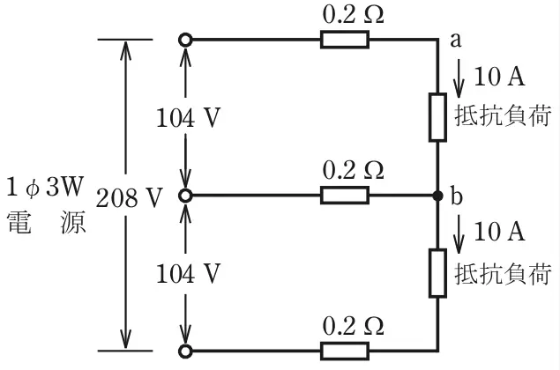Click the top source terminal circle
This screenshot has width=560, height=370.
point(185,40)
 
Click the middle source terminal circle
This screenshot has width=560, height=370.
point(185,196)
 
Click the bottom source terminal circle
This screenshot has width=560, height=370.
point(185,351)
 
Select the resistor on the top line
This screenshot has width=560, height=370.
point(345,40)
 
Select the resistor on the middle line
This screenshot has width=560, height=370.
point(345,196)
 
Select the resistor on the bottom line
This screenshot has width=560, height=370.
point(345,351)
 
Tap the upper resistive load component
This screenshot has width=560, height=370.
point(437,117)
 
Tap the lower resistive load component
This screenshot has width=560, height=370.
point(437,273)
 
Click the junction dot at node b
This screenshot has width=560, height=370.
point(437,196)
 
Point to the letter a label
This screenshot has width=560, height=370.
point(456,41)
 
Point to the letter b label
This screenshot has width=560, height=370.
point(457,196)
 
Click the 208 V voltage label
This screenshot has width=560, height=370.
point(130,197)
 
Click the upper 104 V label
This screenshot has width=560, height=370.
point(188,118)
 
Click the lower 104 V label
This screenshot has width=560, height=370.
point(188,274)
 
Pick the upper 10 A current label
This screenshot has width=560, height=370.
point(499,77)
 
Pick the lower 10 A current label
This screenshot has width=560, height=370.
point(499,232)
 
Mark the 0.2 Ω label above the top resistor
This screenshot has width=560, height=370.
point(354,15)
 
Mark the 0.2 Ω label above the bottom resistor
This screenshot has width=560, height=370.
point(354,326)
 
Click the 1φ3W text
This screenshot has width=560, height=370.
point(45,186)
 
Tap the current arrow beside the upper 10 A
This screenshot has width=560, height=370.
point(459,78)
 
